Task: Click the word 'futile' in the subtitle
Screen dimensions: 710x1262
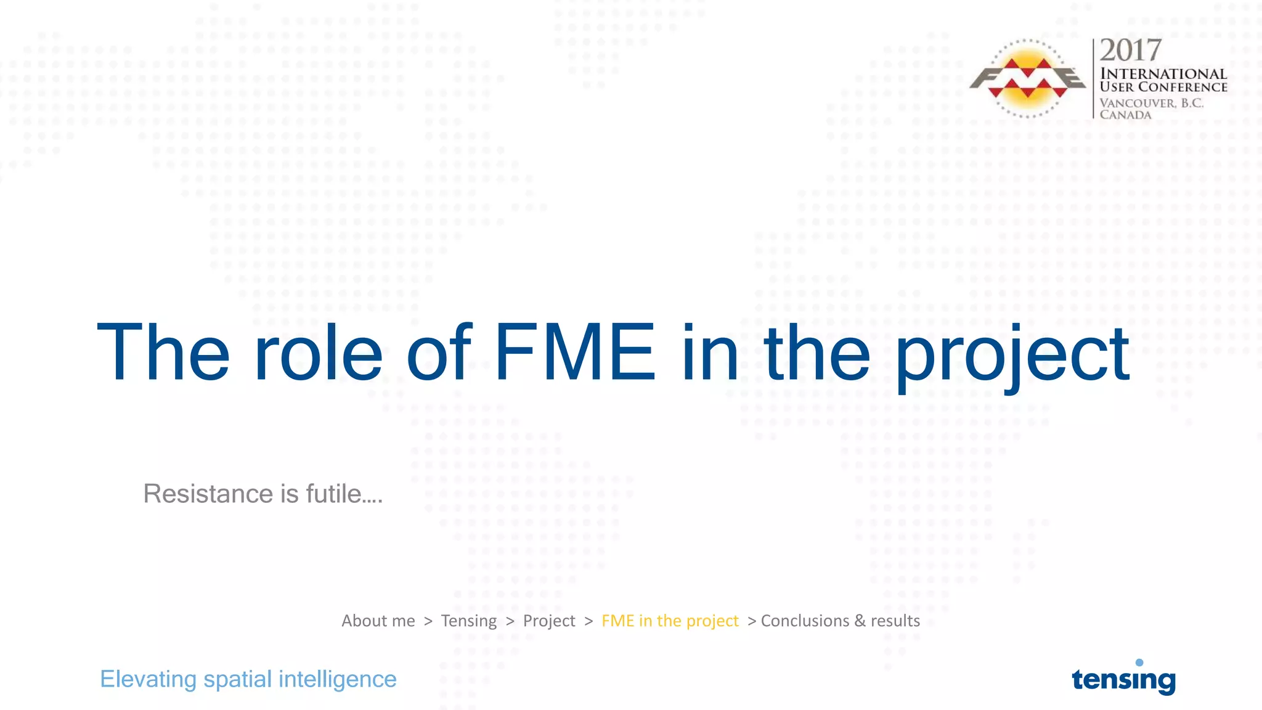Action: (x=338, y=494)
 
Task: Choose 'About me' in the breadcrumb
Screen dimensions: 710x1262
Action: (x=378, y=621)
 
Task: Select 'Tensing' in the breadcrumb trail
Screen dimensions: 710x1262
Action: (x=468, y=621)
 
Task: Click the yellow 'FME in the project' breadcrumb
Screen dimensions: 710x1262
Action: (x=670, y=621)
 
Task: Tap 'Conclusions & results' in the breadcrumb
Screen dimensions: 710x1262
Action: (x=841, y=621)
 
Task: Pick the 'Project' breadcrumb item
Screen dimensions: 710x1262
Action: (x=549, y=621)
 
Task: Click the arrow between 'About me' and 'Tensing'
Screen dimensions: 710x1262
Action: (x=428, y=621)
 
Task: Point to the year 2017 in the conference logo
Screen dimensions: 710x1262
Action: (x=1130, y=51)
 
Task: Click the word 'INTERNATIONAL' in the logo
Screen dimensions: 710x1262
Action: (x=1163, y=74)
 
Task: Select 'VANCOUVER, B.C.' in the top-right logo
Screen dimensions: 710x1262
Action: (x=1151, y=103)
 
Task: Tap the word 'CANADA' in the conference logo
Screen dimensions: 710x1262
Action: (x=1125, y=115)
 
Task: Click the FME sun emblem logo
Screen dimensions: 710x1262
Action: (x=1028, y=79)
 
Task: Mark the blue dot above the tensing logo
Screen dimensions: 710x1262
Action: (x=1139, y=663)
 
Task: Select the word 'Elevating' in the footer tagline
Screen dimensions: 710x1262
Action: (x=149, y=679)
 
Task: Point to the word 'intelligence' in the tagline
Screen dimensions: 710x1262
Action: (x=337, y=679)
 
